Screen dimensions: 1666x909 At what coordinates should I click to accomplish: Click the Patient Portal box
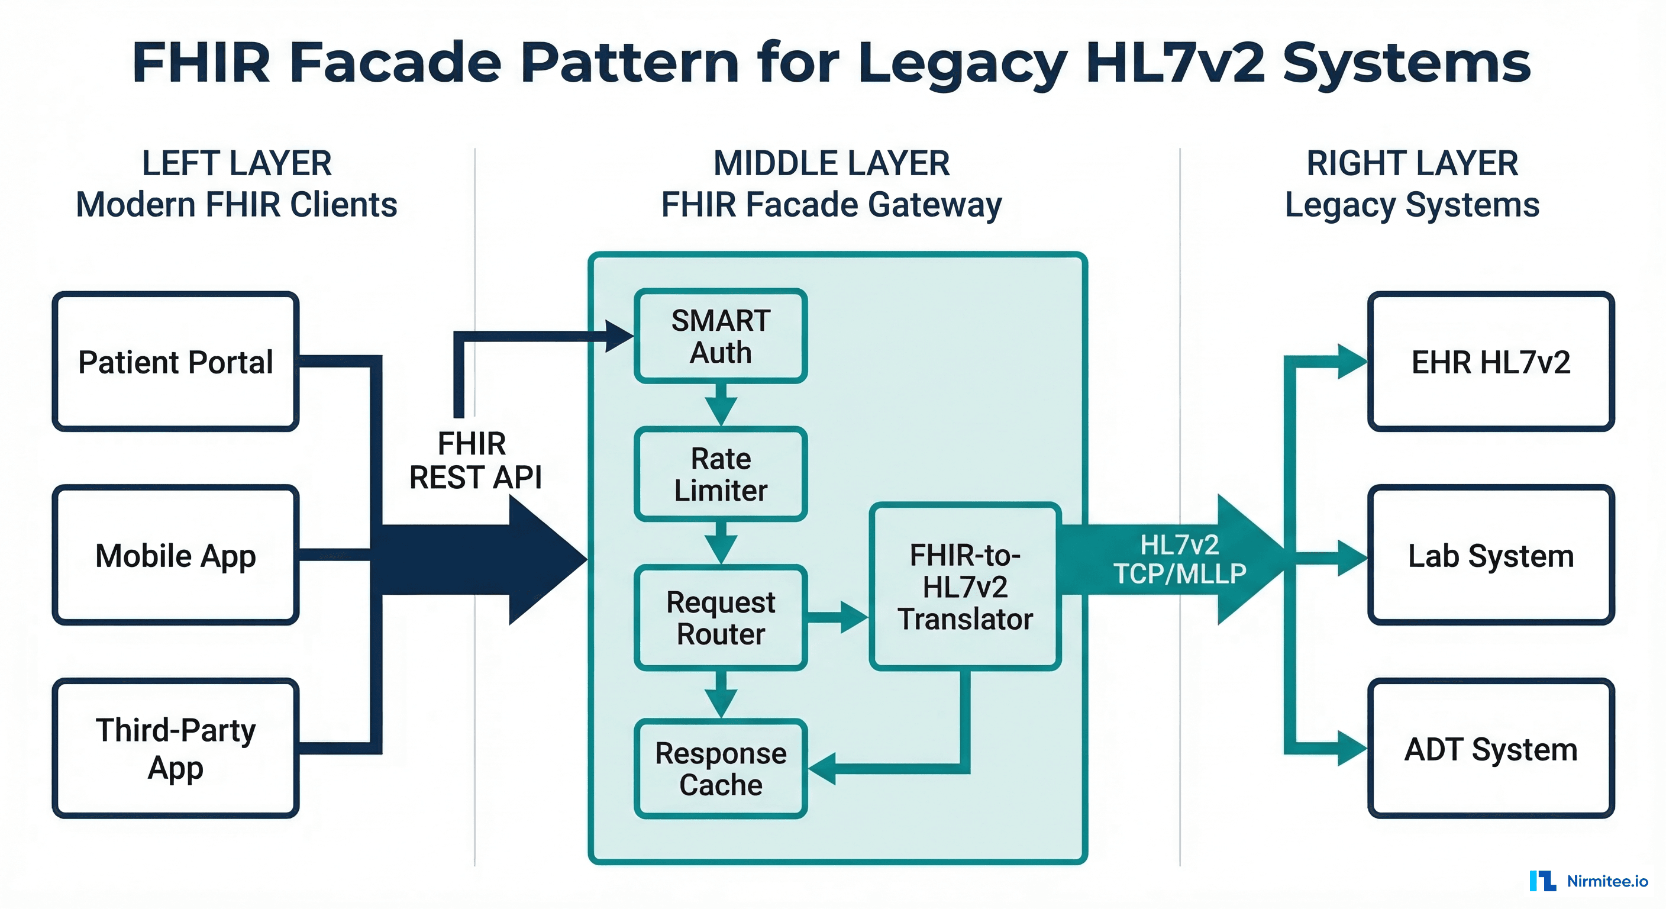click(x=175, y=361)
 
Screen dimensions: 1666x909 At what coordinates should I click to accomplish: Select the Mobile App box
click(x=175, y=555)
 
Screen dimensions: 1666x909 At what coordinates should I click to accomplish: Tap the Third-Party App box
click(x=175, y=749)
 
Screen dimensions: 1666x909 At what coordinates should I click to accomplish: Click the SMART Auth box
click(x=721, y=336)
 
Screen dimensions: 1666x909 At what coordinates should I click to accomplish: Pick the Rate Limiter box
click(x=721, y=473)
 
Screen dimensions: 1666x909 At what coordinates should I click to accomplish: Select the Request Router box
click(x=721, y=617)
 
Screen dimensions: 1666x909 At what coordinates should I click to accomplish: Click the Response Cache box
click(x=721, y=769)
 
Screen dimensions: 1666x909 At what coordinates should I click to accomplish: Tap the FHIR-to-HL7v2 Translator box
click(x=965, y=586)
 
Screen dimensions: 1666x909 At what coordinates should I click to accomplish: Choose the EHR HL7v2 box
click(x=1491, y=361)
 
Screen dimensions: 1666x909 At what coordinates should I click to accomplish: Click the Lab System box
click(x=1491, y=555)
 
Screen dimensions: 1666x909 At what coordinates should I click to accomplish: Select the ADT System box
click(x=1491, y=749)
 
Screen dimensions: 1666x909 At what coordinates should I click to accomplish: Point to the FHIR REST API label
click(x=474, y=460)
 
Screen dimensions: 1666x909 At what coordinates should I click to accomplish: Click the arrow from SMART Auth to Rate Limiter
click(x=721, y=405)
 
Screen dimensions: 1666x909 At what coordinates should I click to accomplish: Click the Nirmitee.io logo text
click(x=1607, y=881)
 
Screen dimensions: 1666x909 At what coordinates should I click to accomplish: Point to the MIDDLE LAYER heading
click(x=832, y=163)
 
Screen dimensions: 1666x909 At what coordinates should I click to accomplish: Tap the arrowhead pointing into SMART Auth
click(x=619, y=336)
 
